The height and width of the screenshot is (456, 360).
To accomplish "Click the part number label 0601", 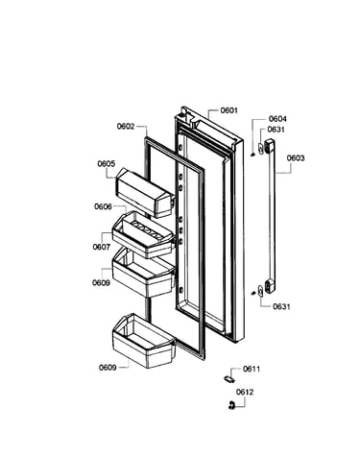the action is (x=228, y=110).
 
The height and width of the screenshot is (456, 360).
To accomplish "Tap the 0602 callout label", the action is (x=126, y=126).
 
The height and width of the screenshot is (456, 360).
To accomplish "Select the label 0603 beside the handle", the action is (x=296, y=158).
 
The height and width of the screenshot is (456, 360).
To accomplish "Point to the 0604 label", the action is (x=277, y=119).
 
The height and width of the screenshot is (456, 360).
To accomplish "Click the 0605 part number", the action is (x=107, y=164).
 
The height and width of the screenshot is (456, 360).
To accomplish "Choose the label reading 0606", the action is (x=103, y=206).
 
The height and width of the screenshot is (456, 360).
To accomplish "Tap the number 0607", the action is (x=102, y=247).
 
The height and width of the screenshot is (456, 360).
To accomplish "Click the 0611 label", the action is (x=252, y=369).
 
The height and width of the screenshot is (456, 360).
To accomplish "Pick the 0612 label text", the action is (x=245, y=392).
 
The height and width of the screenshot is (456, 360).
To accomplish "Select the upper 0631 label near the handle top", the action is (x=276, y=130).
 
